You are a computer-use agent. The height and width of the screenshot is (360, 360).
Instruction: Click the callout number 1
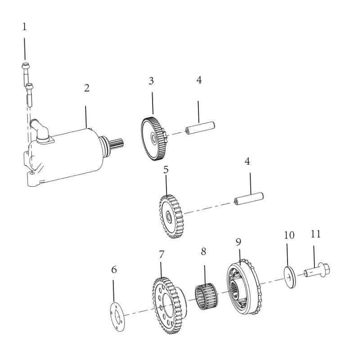(x=24, y=27)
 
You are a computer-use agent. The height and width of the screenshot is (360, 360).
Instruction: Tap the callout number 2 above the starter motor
(x=86, y=88)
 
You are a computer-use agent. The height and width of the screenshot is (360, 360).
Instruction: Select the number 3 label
(x=151, y=81)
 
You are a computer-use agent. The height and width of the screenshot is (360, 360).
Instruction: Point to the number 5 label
(x=166, y=170)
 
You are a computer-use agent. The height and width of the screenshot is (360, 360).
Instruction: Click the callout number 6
(x=114, y=270)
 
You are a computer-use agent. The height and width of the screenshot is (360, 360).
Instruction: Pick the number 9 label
(x=238, y=242)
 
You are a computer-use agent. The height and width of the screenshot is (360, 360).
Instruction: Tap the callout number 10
(x=289, y=235)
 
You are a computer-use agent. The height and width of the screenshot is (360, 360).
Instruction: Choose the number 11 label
(x=315, y=234)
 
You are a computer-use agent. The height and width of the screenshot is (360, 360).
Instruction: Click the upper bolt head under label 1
(x=25, y=66)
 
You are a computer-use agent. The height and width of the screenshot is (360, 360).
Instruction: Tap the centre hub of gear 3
(x=153, y=138)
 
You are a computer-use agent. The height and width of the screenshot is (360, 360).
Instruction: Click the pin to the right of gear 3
(x=200, y=128)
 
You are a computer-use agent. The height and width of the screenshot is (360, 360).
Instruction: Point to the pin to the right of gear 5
(x=249, y=198)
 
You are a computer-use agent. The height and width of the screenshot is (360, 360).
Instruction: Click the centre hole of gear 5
(x=169, y=217)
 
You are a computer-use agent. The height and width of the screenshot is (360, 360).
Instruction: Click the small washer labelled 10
(x=290, y=277)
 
